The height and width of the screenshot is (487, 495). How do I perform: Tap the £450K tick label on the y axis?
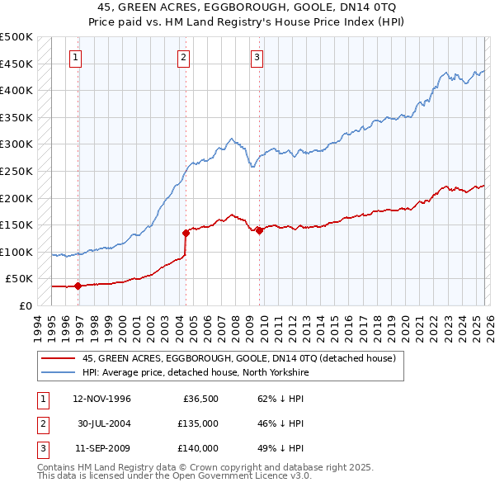[x=16, y=64]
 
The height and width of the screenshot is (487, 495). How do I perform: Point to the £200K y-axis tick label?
[x=16, y=198]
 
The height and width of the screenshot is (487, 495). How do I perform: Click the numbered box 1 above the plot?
[x=75, y=57]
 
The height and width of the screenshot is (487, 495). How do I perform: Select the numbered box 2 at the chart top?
[x=182, y=57]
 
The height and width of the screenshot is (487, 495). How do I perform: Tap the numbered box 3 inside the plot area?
[x=257, y=57]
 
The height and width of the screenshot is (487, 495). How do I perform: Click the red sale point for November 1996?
[x=78, y=286]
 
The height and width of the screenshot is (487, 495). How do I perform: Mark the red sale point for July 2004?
[x=186, y=233]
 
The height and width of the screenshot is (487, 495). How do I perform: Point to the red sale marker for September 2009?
[x=259, y=230]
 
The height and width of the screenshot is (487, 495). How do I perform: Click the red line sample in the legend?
[x=59, y=359]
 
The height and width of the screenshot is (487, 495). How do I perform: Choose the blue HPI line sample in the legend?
[x=59, y=371]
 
